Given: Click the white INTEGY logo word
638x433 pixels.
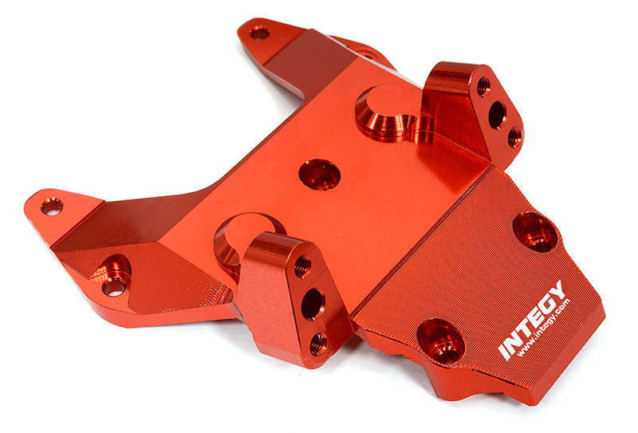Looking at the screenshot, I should pos(532,319).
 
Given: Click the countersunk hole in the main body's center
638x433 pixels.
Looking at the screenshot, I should pos(319,174).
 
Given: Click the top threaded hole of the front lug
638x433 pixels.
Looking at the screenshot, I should pos(302,266).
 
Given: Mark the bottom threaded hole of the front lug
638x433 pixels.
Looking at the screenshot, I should pos(318,344).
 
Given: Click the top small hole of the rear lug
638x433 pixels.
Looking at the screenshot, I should pos(483,86).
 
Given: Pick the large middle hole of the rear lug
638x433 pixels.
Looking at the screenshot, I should pos(497,114).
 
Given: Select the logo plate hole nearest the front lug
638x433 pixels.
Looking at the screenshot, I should pos(440,339).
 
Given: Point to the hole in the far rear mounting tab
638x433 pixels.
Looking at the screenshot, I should pos(259,33).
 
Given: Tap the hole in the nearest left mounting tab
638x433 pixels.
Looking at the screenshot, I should pos(52,206).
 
